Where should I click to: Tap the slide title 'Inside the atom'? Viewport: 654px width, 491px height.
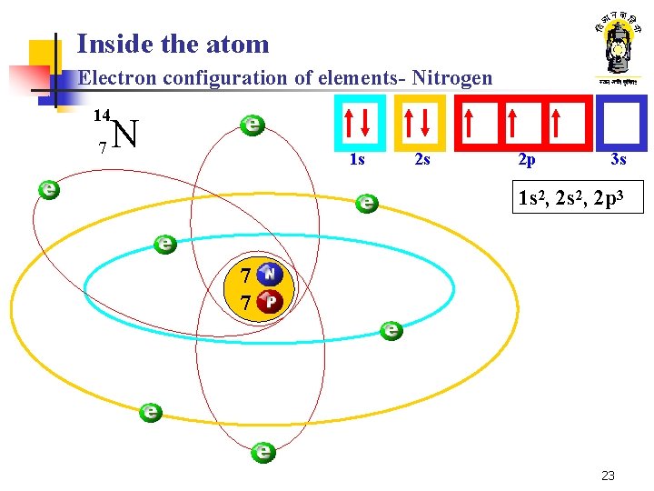[x=173, y=44]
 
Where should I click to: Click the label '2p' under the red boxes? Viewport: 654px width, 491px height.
[x=526, y=160]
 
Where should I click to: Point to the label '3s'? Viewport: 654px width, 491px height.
[x=619, y=160]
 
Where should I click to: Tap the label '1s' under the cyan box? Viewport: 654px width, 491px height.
[x=357, y=160]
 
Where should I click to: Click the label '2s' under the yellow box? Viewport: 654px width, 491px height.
[x=421, y=160]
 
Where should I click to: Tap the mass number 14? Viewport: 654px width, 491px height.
[x=102, y=115]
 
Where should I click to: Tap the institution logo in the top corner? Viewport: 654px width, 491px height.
[x=617, y=50]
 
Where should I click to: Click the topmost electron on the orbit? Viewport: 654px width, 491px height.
[x=252, y=125]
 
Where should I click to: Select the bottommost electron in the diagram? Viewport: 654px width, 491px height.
[x=263, y=451]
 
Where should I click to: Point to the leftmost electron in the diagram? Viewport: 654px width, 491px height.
[x=49, y=190]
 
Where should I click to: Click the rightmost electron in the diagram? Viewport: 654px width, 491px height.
[x=391, y=330]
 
